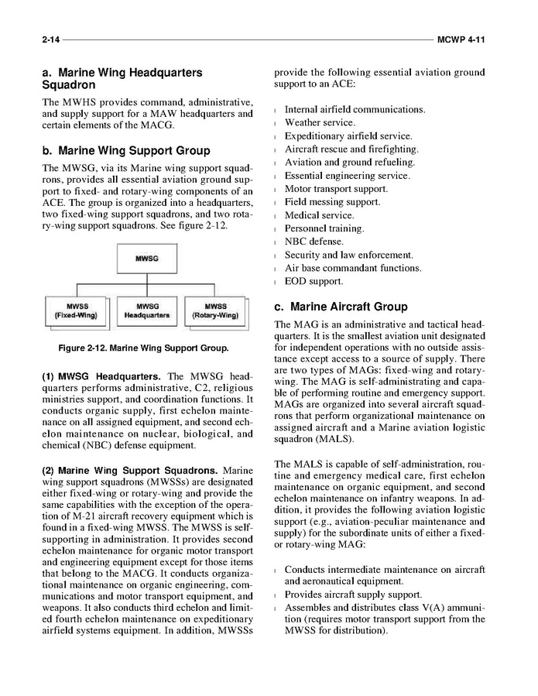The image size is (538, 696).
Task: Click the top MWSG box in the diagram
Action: [147, 258]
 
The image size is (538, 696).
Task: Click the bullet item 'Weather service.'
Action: [320, 122]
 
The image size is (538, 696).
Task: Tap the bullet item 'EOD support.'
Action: [314, 281]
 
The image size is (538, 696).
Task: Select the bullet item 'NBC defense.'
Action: [314, 242]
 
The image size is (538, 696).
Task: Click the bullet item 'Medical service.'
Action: [319, 215]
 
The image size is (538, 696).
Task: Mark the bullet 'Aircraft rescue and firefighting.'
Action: [351, 149]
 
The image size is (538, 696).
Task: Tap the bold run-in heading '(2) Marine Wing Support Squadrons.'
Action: [129, 470]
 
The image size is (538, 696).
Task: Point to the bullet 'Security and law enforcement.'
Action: [348, 255]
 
